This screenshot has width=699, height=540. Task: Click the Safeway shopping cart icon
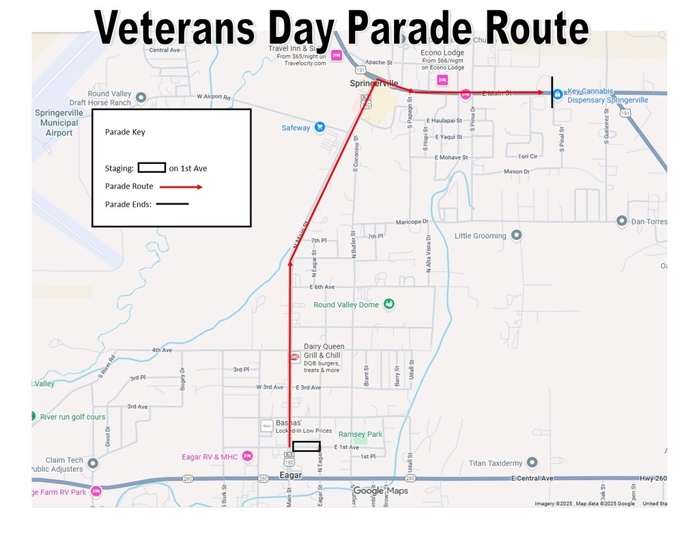tap(319, 128)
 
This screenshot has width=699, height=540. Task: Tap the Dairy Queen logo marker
tap(295, 356)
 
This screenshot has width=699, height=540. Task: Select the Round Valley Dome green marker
tap(388, 304)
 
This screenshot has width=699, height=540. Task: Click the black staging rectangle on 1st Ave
tap(306, 446)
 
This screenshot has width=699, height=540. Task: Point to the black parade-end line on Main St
tap(552, 93)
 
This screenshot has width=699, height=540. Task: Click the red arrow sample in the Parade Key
tap(181, 186)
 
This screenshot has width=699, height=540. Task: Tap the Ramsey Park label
tap(360, 434)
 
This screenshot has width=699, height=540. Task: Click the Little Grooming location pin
tap(517, 236)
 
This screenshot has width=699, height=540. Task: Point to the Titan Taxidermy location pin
tap(532, 463)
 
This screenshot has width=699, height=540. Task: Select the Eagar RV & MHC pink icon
tap(247, 456)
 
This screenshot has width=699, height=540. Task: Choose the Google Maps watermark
tap(380, 491)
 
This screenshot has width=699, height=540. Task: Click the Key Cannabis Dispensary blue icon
tap(557, 94)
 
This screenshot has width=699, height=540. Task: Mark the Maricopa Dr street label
tap(412, 222)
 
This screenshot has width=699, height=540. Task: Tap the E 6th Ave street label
tap(322, 287)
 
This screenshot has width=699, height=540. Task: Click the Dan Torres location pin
tap(622, 221)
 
